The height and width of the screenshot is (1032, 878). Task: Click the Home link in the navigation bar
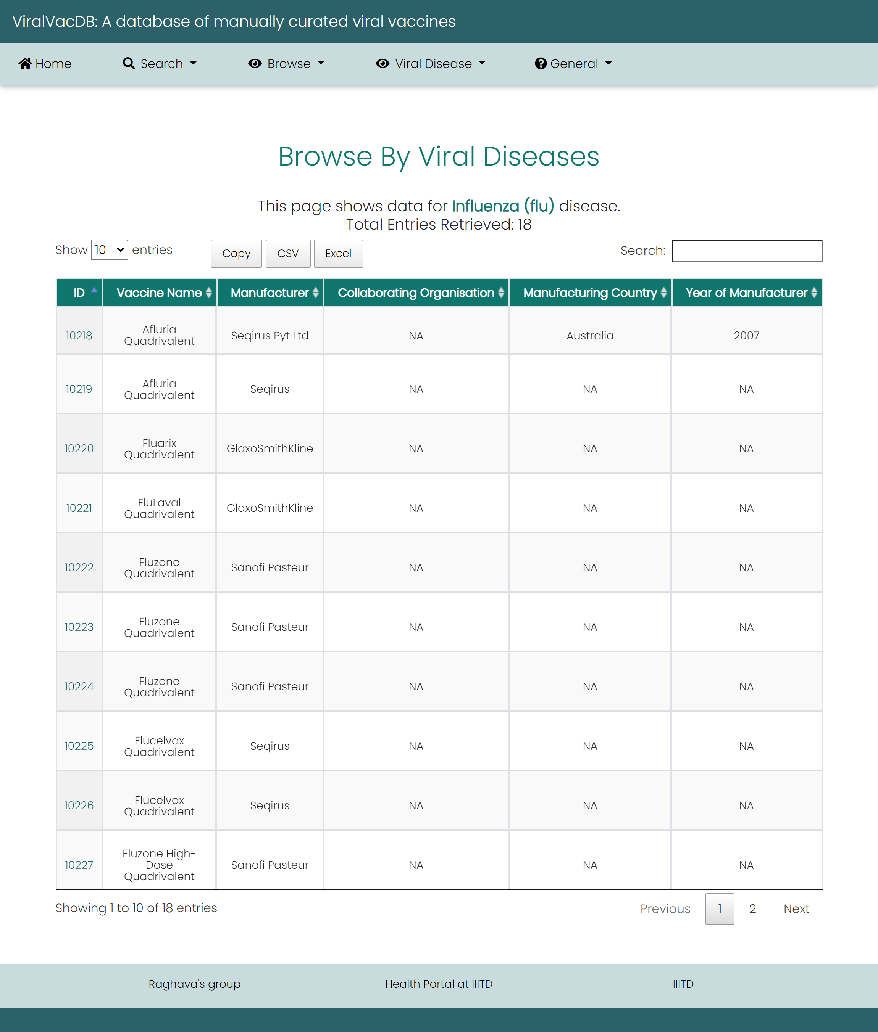click(x=45, y=64)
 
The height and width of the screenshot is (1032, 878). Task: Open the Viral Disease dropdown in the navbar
click(x=431, y=64)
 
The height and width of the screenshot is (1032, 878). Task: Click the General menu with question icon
click(x=573, y=64)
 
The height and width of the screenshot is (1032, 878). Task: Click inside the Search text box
click(x=747, y=251)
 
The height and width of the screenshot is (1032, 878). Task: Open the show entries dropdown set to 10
click(x=109, y=250)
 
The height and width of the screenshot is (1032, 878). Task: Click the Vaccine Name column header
click(x=159, y=293)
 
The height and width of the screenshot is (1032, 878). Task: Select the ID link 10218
click(x=79, y=336)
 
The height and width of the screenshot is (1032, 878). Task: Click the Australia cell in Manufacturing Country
click(x=590, y=336)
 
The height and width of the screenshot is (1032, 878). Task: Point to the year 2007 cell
click(x=746, y=336)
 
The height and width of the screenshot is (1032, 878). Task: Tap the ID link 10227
click(x=79, y=865)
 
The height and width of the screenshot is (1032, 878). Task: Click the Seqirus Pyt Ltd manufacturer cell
click(x=270, y=336)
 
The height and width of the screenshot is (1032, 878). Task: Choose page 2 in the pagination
click(x=752, y=909)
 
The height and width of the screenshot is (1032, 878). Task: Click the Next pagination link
click(x=796, y=909)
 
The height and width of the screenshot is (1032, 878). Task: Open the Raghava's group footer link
click(x=194, y=984)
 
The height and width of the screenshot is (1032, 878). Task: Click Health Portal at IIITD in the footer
click(x=439, y=984)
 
